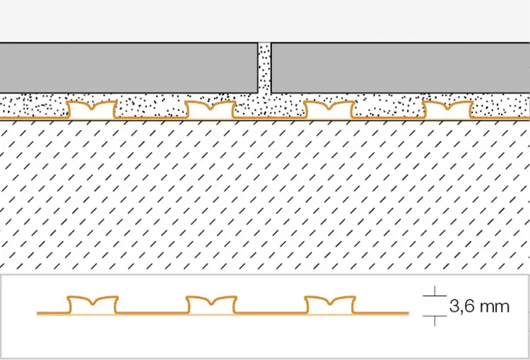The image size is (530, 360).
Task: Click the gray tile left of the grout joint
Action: click(x=129, y=68)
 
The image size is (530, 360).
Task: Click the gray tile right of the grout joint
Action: click(x=401, y=68)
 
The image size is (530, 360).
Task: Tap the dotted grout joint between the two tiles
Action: click(x=265, y=68)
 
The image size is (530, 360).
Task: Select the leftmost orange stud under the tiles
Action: click(x=92, y=110)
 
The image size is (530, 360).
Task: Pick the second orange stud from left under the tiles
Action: click(x=211, y=110)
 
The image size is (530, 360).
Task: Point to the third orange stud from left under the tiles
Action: click(x=329, y=110)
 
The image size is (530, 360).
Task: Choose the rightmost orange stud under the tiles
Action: click(x=447, y=110)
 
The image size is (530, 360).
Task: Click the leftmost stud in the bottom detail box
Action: click(x=93, y=305)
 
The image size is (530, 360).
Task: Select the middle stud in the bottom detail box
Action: click(x=211, y=305)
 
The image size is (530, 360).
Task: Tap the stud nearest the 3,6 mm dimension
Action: click(x=330, y=305)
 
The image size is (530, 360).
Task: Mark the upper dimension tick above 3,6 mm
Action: click(x=435, y=296)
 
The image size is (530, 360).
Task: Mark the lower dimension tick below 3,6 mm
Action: click(x=435, y=316)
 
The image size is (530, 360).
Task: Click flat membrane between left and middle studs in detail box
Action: click(x=152, y=313)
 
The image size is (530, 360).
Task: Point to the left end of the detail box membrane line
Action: click(x=37, y=313)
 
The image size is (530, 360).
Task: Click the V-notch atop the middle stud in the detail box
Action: click(x=211, y=303)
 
